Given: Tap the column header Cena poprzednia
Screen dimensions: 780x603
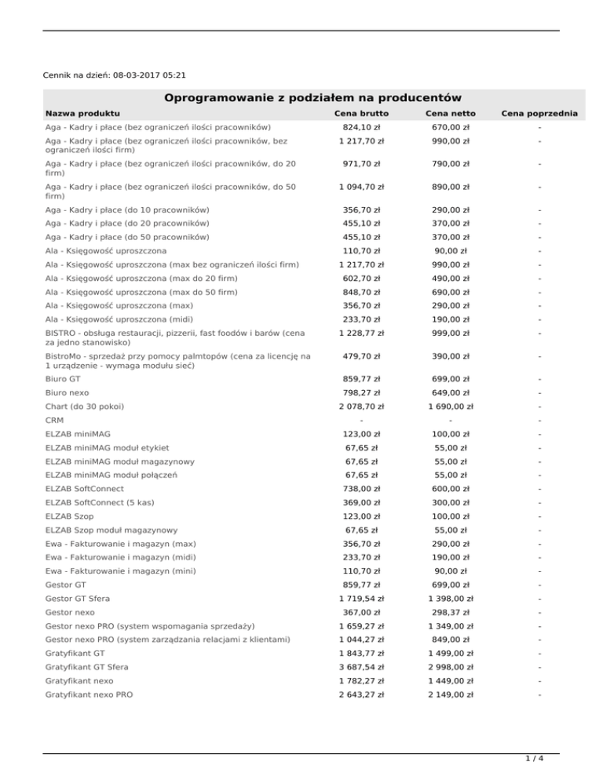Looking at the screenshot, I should point(540,114).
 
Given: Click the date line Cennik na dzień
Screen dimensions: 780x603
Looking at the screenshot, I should point(115,75).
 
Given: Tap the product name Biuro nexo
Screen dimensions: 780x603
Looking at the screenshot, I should point(67,392).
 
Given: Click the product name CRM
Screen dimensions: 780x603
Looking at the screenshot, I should point(55,420).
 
